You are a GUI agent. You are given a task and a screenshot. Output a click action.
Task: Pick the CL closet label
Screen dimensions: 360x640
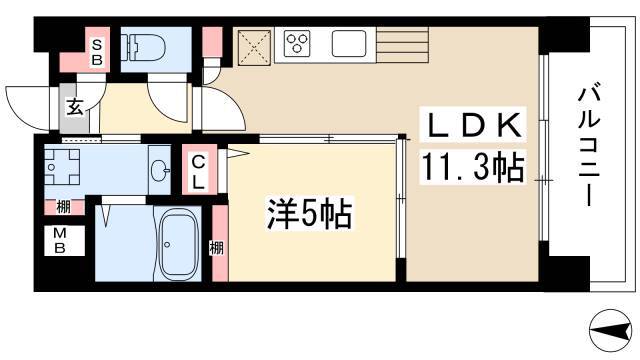pos(198,171)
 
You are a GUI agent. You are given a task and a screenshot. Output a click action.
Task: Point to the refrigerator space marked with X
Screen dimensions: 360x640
pos(253,46)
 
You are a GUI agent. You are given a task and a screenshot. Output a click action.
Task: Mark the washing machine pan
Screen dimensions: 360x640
pos(61,170)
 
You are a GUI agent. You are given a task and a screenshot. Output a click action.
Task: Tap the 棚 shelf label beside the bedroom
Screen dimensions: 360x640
pos(217,247)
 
